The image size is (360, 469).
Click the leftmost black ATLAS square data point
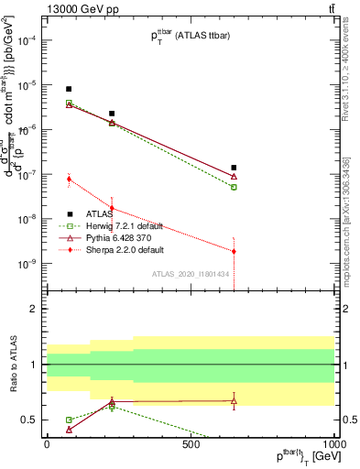[69, 89]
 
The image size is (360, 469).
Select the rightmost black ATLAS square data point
[234, 168]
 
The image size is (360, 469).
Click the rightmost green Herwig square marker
[234, 187]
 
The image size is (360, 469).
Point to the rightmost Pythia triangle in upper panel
[234, 176]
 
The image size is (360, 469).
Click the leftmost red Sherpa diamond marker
[69, 179]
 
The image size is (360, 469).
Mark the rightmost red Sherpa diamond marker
[234, 251]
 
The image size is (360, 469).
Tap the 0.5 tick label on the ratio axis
[29, 420]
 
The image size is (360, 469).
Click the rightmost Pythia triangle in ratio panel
[234, 400]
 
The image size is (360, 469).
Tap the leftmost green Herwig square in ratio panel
[69, 420]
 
